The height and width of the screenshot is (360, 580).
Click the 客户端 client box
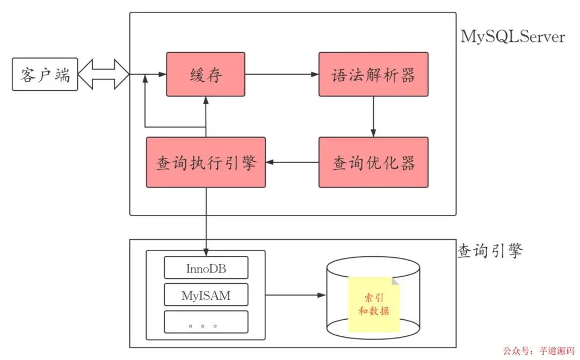(45, 74)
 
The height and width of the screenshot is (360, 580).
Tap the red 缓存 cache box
(205, 74)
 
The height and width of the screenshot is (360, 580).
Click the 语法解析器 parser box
(373, 74)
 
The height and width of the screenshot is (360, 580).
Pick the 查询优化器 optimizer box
(373, 162)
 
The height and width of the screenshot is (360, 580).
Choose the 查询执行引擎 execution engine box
(205, 162)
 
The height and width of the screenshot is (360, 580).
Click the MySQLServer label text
(512, 37)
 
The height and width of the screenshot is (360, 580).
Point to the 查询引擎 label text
(489, 250)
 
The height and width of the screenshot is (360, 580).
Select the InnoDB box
(206, 268)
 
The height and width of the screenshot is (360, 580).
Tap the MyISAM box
(206, 295)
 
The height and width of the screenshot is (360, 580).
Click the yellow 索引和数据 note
(374, 305)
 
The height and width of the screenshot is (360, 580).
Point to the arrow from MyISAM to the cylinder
(295, 295)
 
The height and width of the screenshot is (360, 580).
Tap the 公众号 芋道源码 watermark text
(540, 351)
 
